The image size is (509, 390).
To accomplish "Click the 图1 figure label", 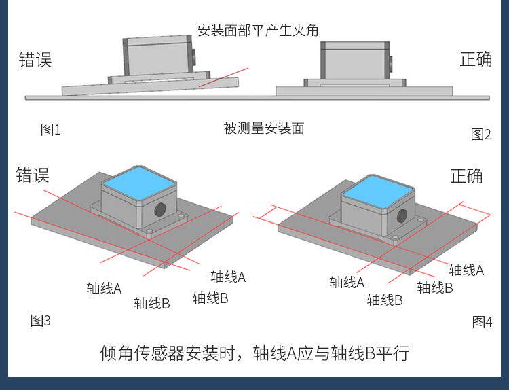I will [51, 130].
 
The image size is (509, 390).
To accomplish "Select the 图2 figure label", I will [480, 135].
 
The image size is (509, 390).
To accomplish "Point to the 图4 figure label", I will [482, 322].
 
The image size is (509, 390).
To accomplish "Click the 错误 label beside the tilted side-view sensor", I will [35, 60].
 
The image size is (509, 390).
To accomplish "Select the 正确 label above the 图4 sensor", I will [467, 176].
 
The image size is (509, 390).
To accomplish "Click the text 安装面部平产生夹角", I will [257, 31].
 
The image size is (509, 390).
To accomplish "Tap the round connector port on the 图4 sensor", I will [402, 216].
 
